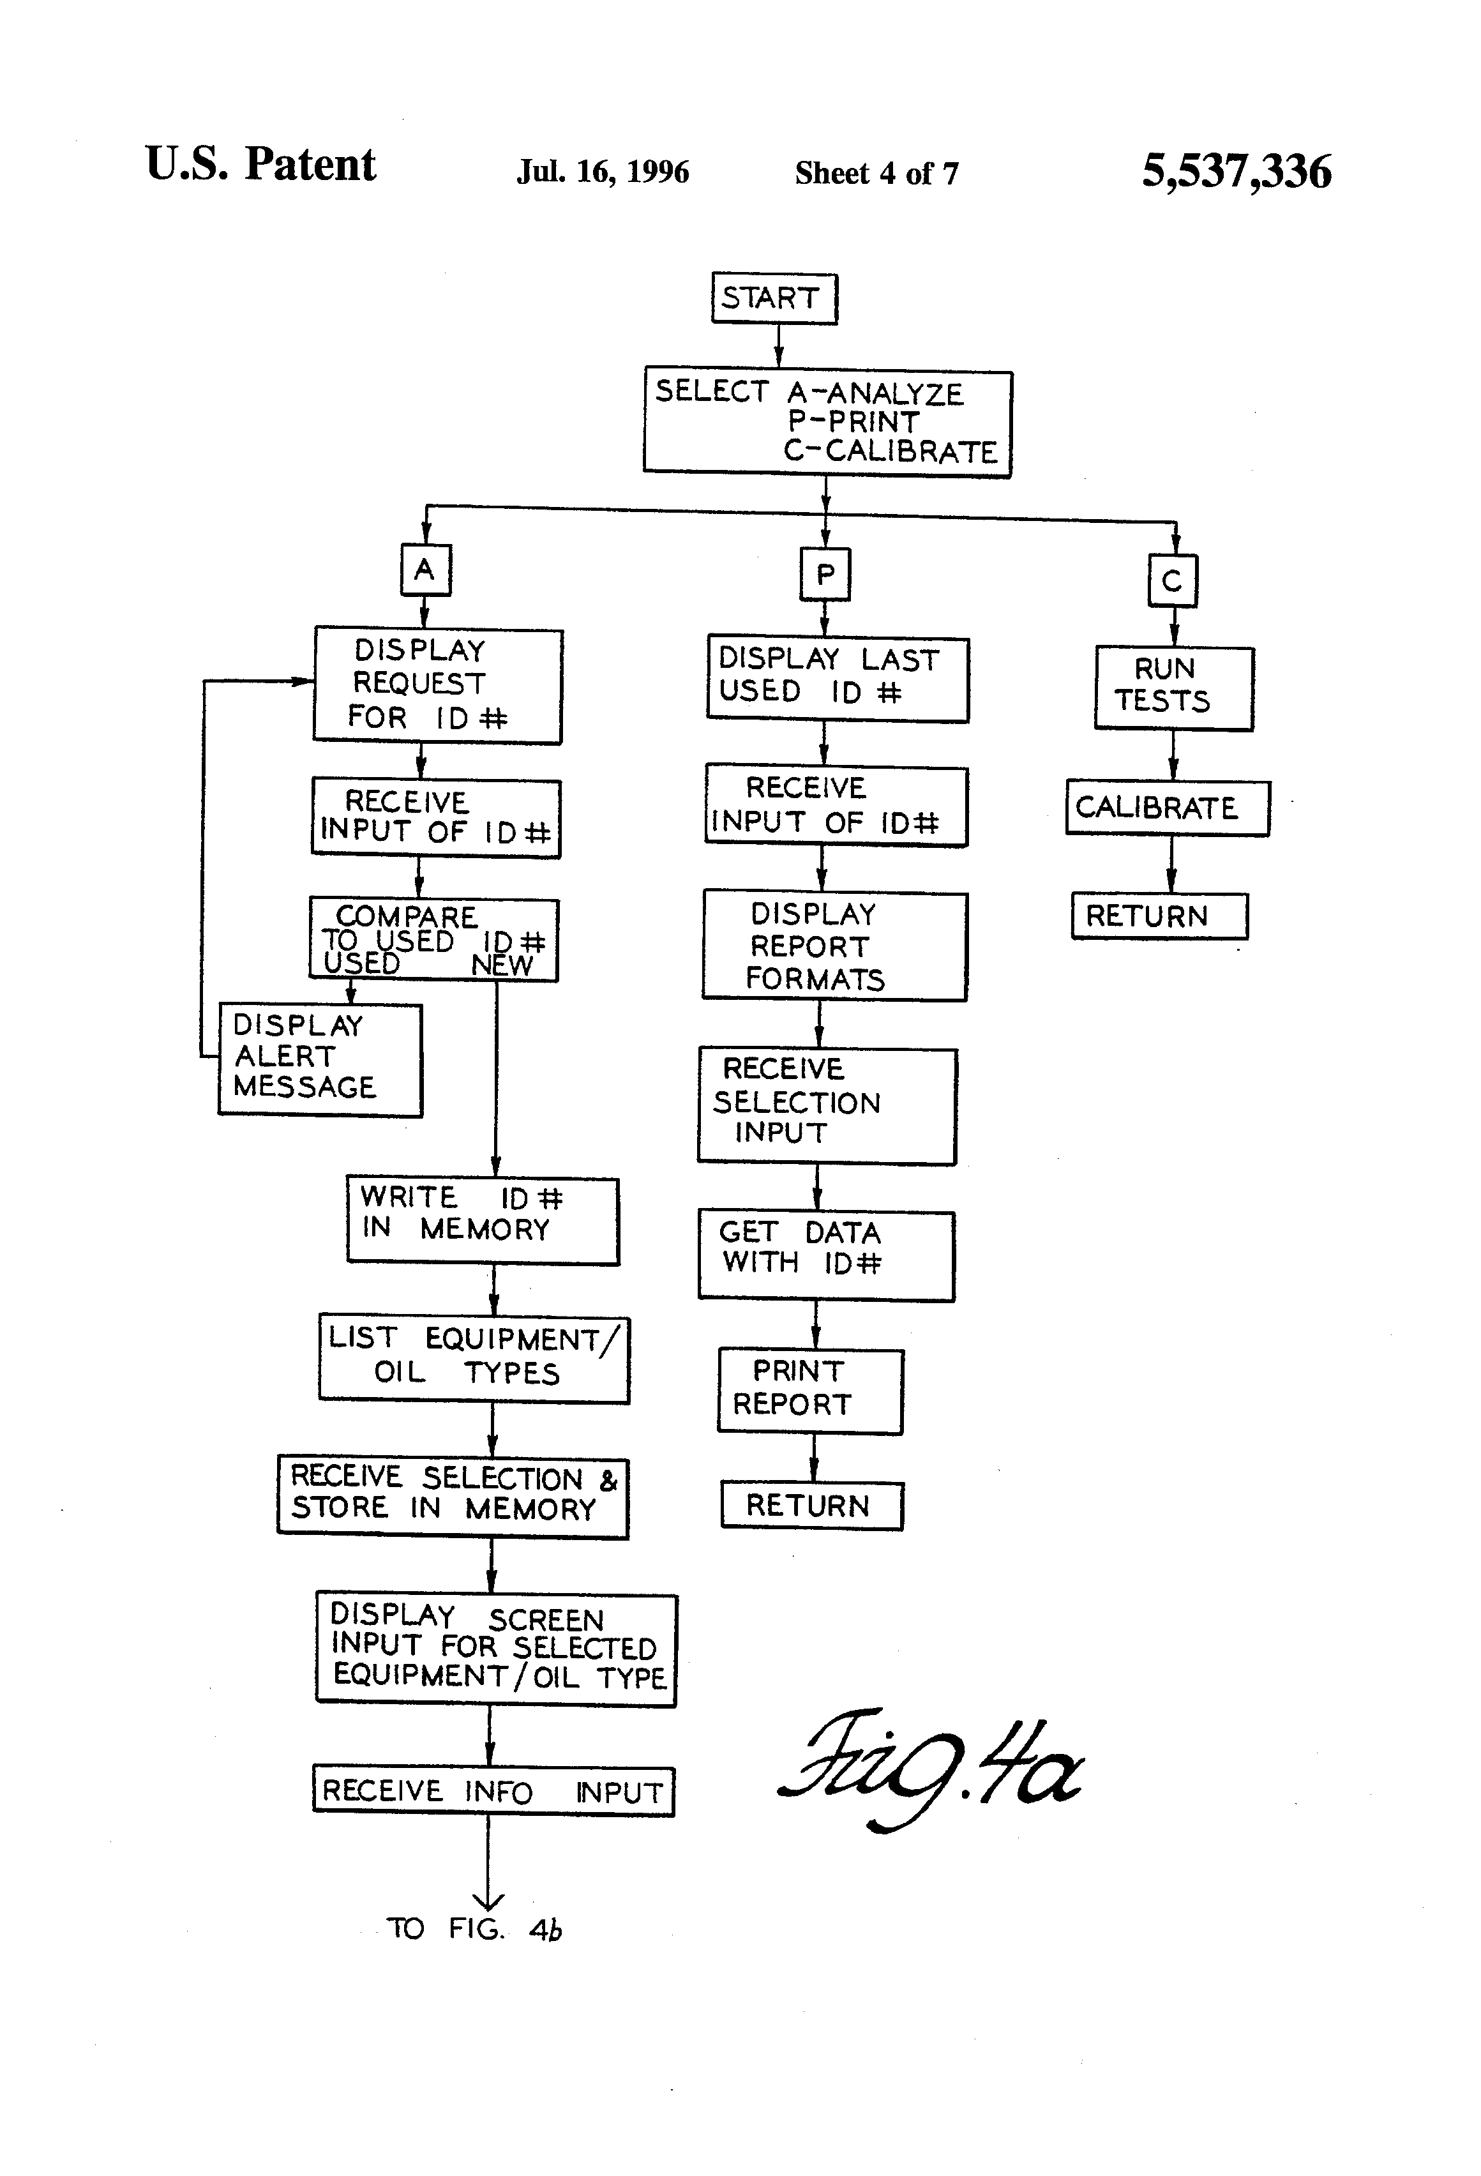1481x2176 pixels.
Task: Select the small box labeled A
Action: pos(426,570)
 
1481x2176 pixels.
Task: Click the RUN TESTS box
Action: pos(1173,688)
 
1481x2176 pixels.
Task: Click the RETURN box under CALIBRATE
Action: pos(1159,916)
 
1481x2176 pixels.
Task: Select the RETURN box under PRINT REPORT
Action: pos(811,1506)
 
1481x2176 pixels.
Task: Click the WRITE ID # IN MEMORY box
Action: pos(482,1221)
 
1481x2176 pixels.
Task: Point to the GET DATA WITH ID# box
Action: pos(825,1255)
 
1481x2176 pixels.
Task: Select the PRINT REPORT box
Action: pos(810,1391)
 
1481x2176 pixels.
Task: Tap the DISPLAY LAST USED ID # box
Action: pos(837,679)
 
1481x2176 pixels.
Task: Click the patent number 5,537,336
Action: pos(1236,171)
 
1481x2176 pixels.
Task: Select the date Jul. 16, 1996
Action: pos(603,172)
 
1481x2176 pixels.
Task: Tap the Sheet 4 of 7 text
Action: pos(876,173)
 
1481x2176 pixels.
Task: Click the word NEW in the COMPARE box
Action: pos(502,965)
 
